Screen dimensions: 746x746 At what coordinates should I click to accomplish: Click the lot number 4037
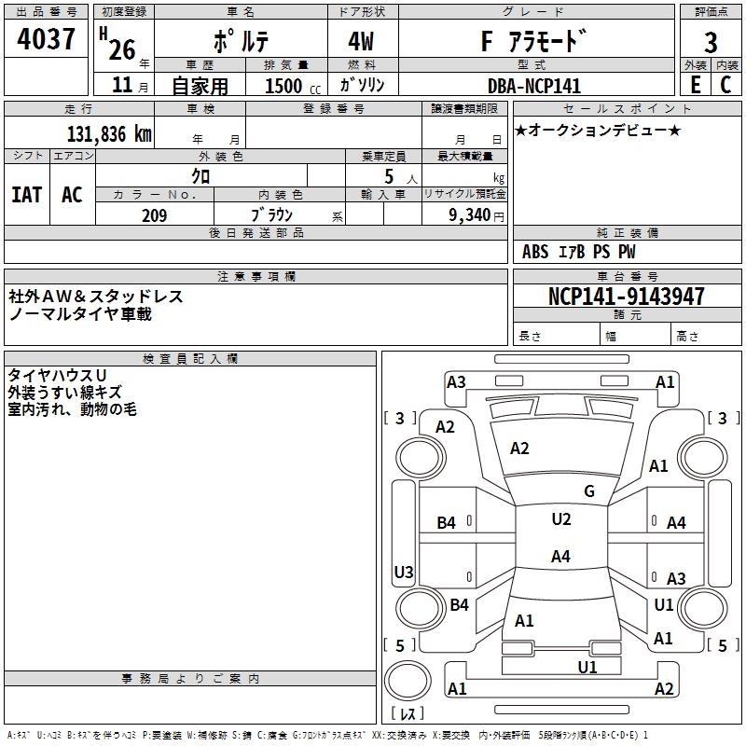[46, 40]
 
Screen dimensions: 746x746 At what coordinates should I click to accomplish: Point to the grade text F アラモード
[532, 42]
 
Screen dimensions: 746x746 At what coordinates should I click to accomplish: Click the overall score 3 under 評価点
[711, 43]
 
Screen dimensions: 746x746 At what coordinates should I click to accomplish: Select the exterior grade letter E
[696, 85]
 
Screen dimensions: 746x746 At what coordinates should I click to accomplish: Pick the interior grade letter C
[725, 85]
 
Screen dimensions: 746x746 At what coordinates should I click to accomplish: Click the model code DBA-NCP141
[533, 86]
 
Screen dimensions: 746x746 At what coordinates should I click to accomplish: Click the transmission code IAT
[26, 194]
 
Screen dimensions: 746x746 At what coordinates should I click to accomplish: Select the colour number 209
[154, 215]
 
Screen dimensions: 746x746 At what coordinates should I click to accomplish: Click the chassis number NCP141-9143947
[627, 297]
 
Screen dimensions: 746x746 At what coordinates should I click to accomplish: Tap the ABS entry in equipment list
[535, 252]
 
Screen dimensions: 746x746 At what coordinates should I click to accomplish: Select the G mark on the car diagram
[588, 491]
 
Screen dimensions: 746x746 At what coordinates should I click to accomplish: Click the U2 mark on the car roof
[560, 519]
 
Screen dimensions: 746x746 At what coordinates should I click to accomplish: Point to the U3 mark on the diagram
[404, 572]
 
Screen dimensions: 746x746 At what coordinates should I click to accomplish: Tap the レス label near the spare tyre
[407, 715]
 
